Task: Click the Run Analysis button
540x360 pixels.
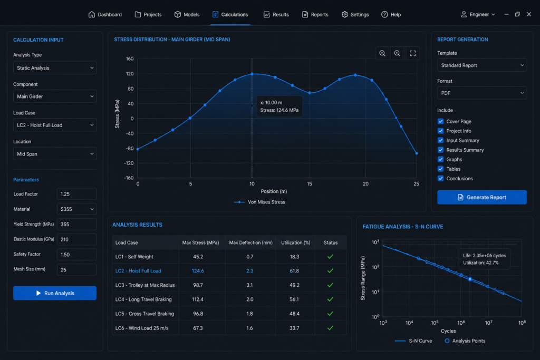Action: point(55,293)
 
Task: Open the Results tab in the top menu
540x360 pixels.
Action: point(276,14)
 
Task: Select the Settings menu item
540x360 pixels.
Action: point(355,14)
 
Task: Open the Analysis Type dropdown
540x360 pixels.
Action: point(55,68)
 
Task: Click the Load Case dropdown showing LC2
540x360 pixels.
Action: point(55,125)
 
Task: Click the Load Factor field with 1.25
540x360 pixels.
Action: point(76,194)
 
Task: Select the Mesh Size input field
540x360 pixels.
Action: point(76,269)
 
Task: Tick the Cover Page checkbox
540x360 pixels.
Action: point(440,121)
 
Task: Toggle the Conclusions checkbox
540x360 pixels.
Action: point(440,178)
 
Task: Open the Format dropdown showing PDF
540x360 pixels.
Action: point(482,93)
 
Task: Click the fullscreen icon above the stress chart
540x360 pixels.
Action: point(412,53)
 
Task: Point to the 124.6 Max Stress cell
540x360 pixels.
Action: point(198,271)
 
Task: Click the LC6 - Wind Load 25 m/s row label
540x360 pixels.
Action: point(142,328)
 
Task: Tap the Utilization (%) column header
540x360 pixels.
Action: point(295,242)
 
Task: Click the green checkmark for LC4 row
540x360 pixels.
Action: point(330,299)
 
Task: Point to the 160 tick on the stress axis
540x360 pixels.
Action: point(130,59)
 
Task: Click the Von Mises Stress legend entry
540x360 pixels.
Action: point(259,202)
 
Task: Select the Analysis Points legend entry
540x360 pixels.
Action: point(465,340)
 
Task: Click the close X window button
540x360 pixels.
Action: point(529,14)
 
